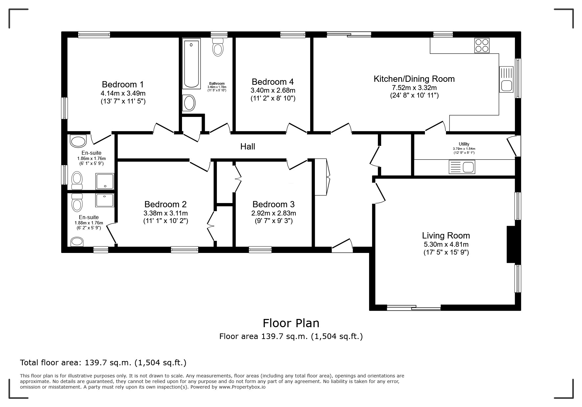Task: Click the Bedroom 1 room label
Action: pos(123,84)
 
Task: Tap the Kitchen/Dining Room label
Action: pos(414,79)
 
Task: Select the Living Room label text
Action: pos(446,236)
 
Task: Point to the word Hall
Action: pos(248,147)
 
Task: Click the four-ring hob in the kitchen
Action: pos(482,45)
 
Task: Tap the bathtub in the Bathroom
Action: pos(192,64)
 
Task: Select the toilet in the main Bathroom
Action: pos(218,47)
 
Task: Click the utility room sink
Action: pos(462,167)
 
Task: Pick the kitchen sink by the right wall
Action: pos(506,79)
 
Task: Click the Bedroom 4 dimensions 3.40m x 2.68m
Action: pos(273,90)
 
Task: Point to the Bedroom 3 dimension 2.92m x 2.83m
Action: pos(274,213)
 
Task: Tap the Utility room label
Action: pos(464,144)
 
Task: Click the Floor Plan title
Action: pos(291,323)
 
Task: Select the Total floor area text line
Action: pos(103,363)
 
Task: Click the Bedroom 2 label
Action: pos(165,204)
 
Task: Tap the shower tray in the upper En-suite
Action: pos(105,182)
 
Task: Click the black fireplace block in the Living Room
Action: pos(511,244)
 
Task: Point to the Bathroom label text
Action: pos(217,84)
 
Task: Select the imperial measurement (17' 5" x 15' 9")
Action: pos(446,253)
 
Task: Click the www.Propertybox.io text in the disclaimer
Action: pos(242,387)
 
